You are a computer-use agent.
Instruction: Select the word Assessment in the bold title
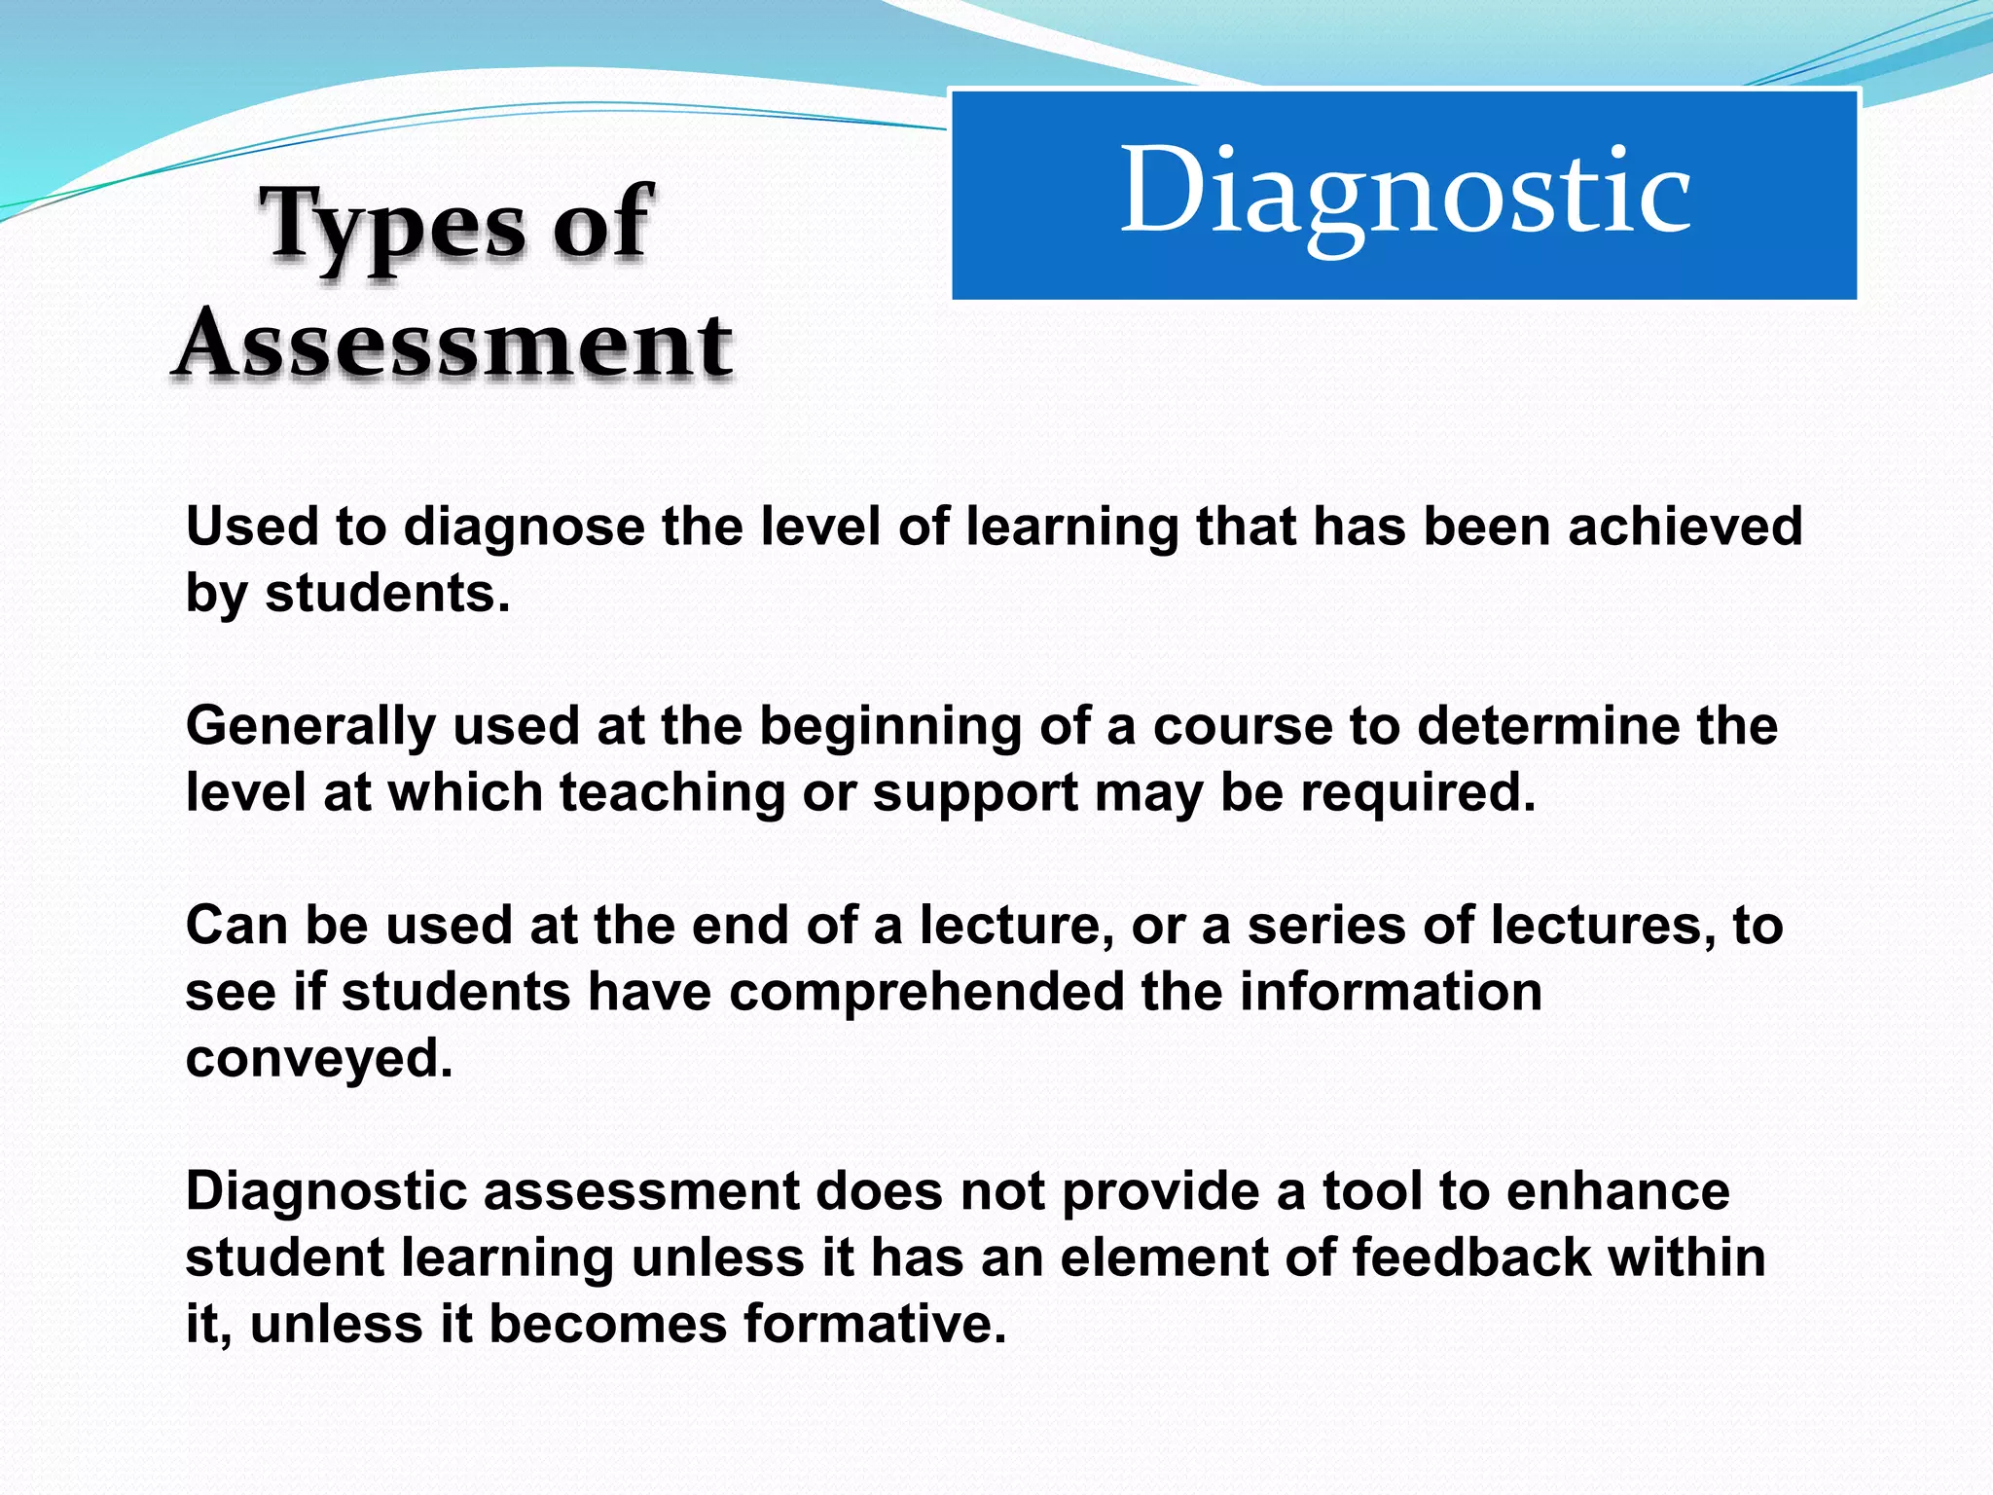point(453,345)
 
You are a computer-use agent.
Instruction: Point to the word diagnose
point(524,528)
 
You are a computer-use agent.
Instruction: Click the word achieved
point(1685,527)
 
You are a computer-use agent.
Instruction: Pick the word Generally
point(310,727)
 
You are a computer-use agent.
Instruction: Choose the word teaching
point(672,792)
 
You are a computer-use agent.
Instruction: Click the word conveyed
point(319,1059)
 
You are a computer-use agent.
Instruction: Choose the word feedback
point(1471,1258)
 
